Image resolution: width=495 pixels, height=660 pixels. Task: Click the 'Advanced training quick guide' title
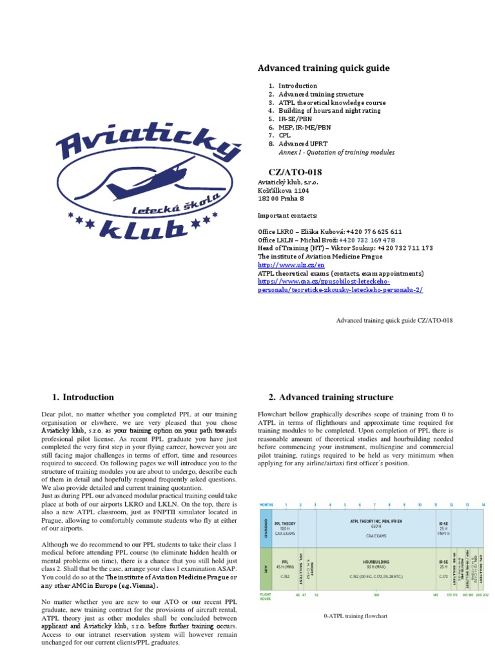pos(324,68)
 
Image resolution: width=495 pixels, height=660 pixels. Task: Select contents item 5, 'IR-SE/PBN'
pos(298,119)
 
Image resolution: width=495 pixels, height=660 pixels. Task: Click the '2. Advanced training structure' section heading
pos(330,397)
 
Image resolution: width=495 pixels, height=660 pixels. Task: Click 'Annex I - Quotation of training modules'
pos(336,153)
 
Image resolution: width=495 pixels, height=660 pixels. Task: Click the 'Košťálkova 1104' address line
pos(284,191)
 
